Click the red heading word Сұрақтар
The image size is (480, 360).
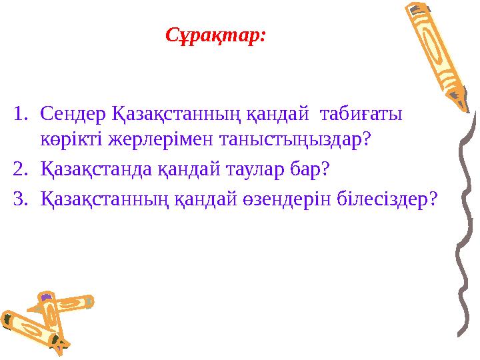click(215, 35)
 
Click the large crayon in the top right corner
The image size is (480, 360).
click(436, 53)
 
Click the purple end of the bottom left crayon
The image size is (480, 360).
click(45, 297)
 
